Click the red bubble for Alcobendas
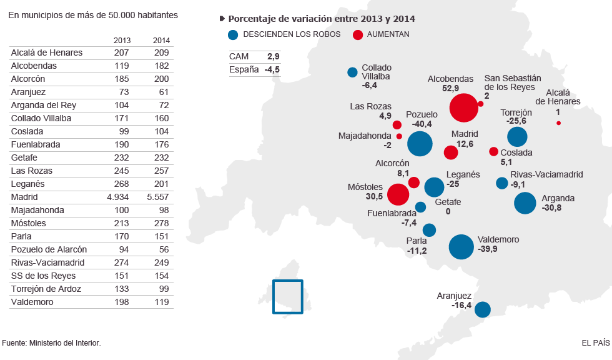(463, 107)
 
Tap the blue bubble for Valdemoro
(461, 247)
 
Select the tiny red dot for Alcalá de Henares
(558, 123)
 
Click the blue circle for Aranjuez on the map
(482, 309)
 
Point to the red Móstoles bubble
(398, 194)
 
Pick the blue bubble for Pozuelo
(420, 144)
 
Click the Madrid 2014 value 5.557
(157, 197)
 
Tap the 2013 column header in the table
(122, 41)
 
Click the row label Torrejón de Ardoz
(46, 289)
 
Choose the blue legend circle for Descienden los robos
(233, 35)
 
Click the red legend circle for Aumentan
(358, 35)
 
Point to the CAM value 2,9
(273, 57)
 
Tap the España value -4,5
(272, 70)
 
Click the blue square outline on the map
(287, 296)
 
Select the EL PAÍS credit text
(595, 342)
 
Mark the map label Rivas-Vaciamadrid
(546, 175)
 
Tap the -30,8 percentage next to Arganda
(551, 207)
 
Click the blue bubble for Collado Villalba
(352, 72)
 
